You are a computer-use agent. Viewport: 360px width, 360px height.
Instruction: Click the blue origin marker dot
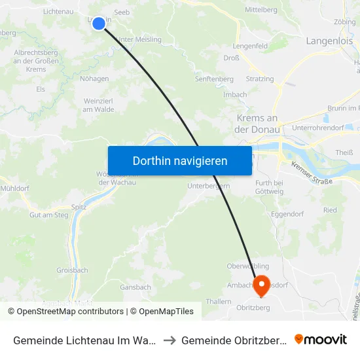coord(98,23)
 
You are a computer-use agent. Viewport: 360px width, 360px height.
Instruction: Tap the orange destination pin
coord(261,283)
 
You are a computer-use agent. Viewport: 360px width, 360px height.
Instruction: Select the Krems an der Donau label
coord(257,124)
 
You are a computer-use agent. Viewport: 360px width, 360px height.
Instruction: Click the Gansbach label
coord(136,287)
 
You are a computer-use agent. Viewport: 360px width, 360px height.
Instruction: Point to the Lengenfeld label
coord(250,46)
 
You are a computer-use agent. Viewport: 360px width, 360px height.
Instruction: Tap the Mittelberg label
coord(261,10)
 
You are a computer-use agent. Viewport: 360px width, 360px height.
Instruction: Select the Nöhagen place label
coord(94,79)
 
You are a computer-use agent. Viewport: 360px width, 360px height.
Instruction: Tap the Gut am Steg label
coord(49,215)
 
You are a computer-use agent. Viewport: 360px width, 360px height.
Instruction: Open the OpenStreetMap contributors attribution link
coord(70,312)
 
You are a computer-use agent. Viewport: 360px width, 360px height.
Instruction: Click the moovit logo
coord(321,339)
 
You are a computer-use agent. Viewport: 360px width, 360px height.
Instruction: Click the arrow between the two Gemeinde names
coord(168,340)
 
